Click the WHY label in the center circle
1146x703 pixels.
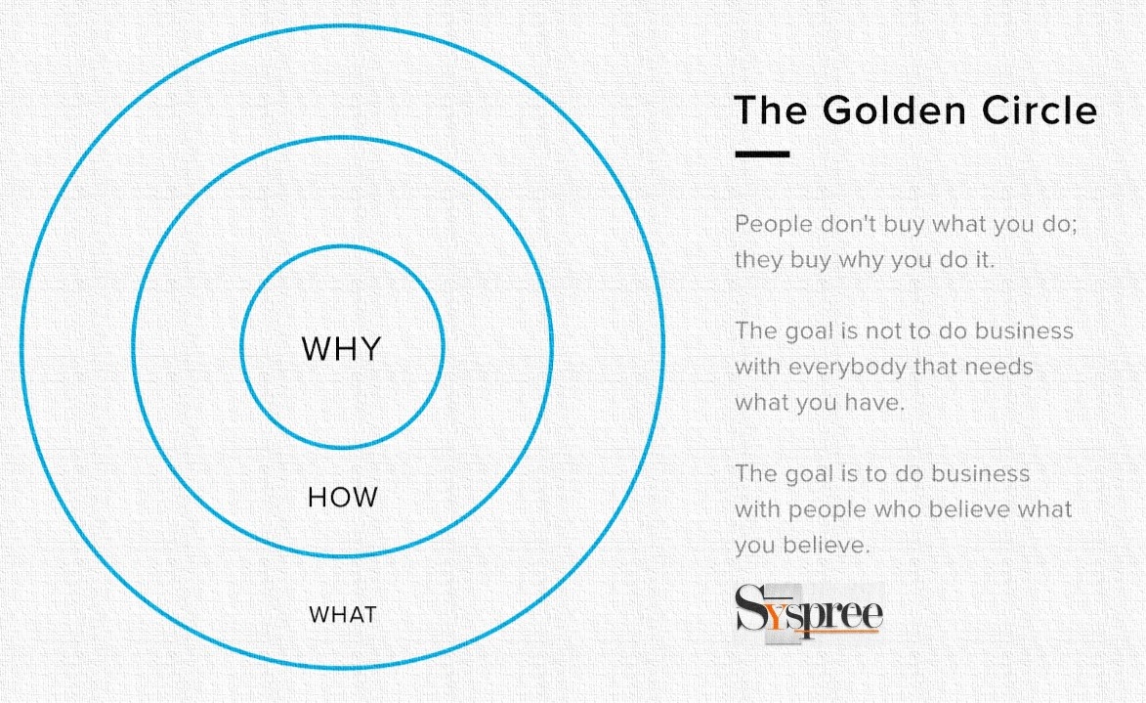click(341, 349)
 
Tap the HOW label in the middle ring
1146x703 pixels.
click(342, 498)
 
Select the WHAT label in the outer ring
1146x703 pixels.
click(342, 614)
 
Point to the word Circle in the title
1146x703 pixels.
click(1040, 110)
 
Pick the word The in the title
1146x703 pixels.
click(770, 110)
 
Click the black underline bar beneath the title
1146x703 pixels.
click(762, 154)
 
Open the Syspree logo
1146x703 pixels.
click(809, 613)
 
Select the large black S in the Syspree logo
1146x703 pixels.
click(750, 608)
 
